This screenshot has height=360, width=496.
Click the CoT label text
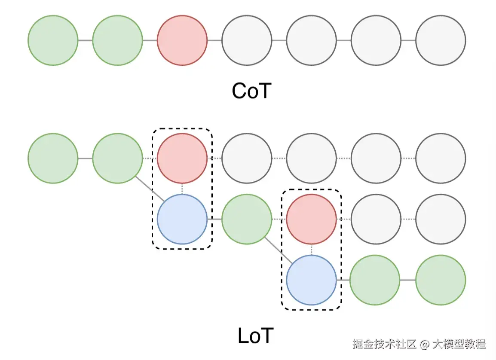251,91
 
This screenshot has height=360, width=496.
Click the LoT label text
255,336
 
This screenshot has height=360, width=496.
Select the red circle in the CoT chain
182,41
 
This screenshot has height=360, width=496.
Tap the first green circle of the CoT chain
53,41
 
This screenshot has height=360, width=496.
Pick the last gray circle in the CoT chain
441,41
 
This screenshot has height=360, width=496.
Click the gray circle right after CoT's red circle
247,41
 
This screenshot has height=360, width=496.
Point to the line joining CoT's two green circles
85,41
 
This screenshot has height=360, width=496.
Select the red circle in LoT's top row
182,158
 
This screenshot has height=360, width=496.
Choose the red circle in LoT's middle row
311,219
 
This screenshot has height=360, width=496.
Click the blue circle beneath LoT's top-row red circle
182,219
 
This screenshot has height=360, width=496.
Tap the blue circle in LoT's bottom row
311,280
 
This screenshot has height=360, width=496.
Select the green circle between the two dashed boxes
247,219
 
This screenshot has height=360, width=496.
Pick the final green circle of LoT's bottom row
441,280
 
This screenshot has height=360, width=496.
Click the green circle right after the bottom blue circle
376,280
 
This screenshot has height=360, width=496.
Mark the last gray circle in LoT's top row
441,158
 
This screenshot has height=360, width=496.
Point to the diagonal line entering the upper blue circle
150,188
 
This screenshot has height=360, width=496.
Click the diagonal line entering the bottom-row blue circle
279,250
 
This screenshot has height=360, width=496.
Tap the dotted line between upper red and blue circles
182,189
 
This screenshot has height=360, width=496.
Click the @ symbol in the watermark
425,344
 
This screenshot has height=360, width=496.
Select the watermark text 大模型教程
459,344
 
